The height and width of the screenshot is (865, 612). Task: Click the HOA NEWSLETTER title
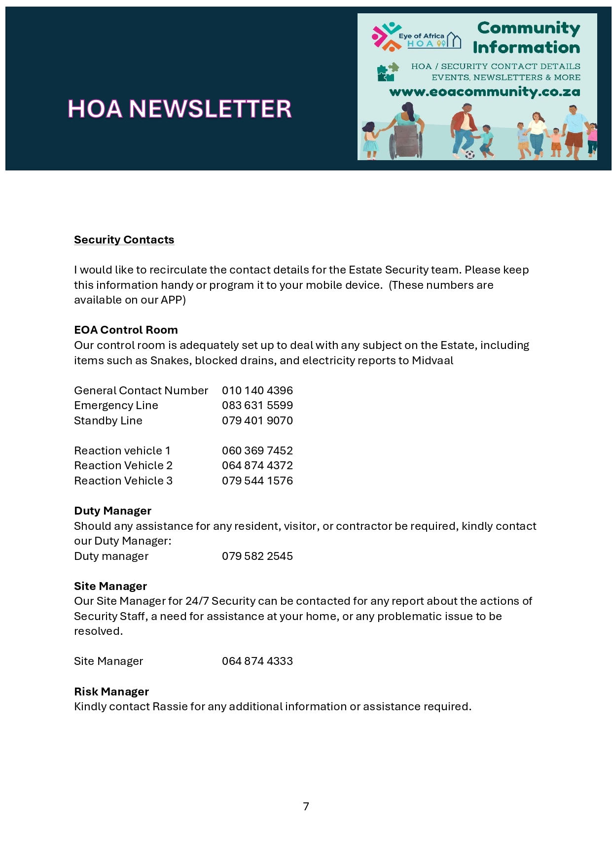(180, 109)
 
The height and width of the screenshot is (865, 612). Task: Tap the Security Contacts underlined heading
(124, 240)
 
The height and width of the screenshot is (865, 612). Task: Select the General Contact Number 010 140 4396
(257, 390)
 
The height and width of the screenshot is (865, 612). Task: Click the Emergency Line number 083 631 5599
(257, 405)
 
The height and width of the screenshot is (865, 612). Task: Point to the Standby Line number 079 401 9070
(257, 420)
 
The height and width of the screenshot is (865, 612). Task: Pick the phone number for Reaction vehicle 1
(257, 450)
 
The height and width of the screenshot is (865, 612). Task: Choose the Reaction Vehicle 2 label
(123, 465)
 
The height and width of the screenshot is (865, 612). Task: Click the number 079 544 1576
(257, 481)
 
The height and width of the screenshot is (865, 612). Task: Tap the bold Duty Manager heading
(112, 511)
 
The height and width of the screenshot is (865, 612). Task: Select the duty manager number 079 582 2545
(257, 556)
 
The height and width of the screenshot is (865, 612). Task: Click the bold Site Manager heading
(110, 586)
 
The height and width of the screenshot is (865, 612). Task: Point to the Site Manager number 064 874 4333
(257, 661)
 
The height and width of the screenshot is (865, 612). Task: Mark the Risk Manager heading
(111, 692)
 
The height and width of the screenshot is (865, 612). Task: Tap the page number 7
(306, 806)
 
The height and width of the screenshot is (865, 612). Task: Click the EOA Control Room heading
(126, 330)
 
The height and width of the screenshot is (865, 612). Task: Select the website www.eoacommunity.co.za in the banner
(484, 92)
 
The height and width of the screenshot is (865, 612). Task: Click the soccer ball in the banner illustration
(469, 154)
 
